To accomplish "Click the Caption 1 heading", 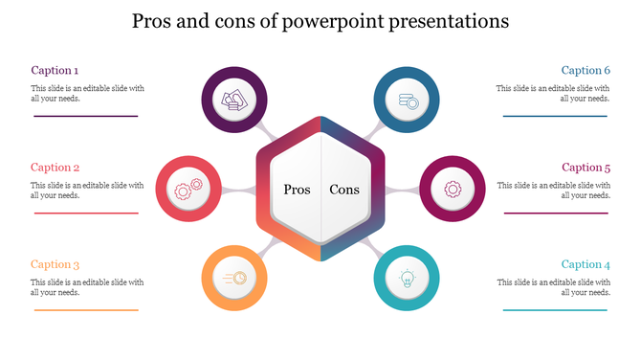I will [55, 70].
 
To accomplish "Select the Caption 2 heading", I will [55, 168].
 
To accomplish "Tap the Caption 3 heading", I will [55, 264].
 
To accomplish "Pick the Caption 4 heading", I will [586, 264].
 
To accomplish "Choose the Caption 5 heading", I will [586, 168].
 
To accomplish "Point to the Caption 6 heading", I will [586, 70].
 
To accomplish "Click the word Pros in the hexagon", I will [298, 190].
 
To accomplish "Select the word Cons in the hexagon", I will [344, 190].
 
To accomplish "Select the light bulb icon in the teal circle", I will [407, 278].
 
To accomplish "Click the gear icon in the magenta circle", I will [452, 189].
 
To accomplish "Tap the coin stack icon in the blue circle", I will [407, 101].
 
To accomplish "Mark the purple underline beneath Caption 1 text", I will [86, 116].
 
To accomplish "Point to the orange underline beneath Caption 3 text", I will [86, 310].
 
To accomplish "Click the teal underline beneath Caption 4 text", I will [555, 310].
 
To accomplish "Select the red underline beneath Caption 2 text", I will [86, 213].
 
